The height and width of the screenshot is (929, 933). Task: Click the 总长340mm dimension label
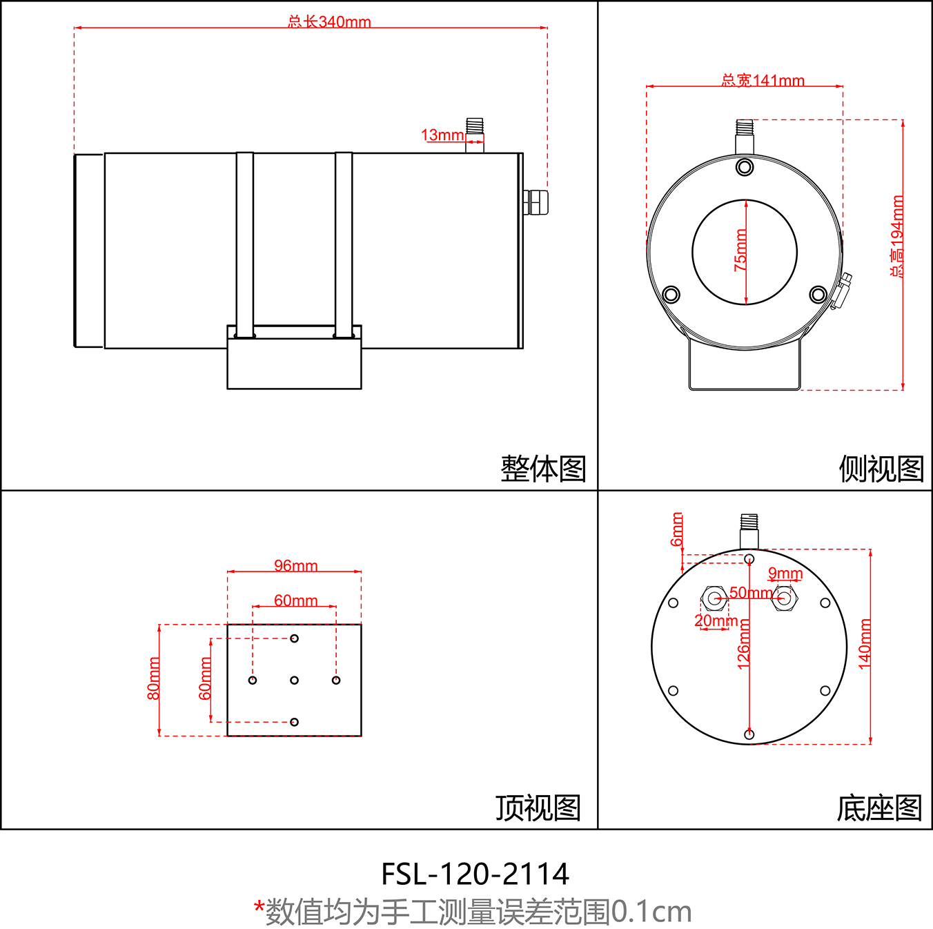tap(329, 21)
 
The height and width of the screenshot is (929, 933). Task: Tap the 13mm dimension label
tap(442, 135)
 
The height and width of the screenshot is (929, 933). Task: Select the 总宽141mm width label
tap(763, 81)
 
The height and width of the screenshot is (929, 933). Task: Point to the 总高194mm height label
tap(896, 236)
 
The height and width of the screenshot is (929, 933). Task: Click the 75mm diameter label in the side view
tap(740, 250)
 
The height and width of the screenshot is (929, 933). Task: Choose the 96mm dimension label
tap(295, 566)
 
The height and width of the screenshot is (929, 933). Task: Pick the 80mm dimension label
tap(153, 678)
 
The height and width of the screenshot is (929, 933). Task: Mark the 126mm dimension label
tap(744, 644)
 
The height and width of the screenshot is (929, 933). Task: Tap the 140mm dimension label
tap(865, 644)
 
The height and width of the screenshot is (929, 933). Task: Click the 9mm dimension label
tap(785, 574)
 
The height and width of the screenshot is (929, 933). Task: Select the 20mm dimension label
tap(716, 620)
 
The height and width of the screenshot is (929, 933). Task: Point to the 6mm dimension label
tap(677, 529)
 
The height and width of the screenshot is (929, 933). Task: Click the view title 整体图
tap(543, 469)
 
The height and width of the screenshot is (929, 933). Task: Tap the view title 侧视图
tap(881, 469)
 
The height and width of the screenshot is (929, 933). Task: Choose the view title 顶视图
tap(538, 808)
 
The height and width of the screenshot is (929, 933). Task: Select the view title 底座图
tap(879, 808)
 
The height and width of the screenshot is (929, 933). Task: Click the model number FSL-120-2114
tap(475, 874)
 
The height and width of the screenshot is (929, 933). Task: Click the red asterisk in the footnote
tap(259, 907)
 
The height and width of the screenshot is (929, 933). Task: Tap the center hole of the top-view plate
tap(294, 681)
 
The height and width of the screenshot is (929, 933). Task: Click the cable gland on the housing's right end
tap(536, 202)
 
